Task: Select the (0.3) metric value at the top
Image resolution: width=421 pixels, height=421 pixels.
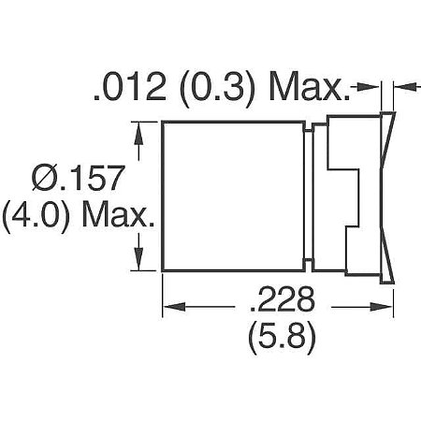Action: click(213, 90)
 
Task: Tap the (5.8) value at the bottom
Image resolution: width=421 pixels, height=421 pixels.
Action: click(281, 335)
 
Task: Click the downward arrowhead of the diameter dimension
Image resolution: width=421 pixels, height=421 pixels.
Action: click(141, 263)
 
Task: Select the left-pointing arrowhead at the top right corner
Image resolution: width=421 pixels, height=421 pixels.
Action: click(403, 91)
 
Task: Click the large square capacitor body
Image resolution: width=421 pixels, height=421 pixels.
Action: click(236, 196)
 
